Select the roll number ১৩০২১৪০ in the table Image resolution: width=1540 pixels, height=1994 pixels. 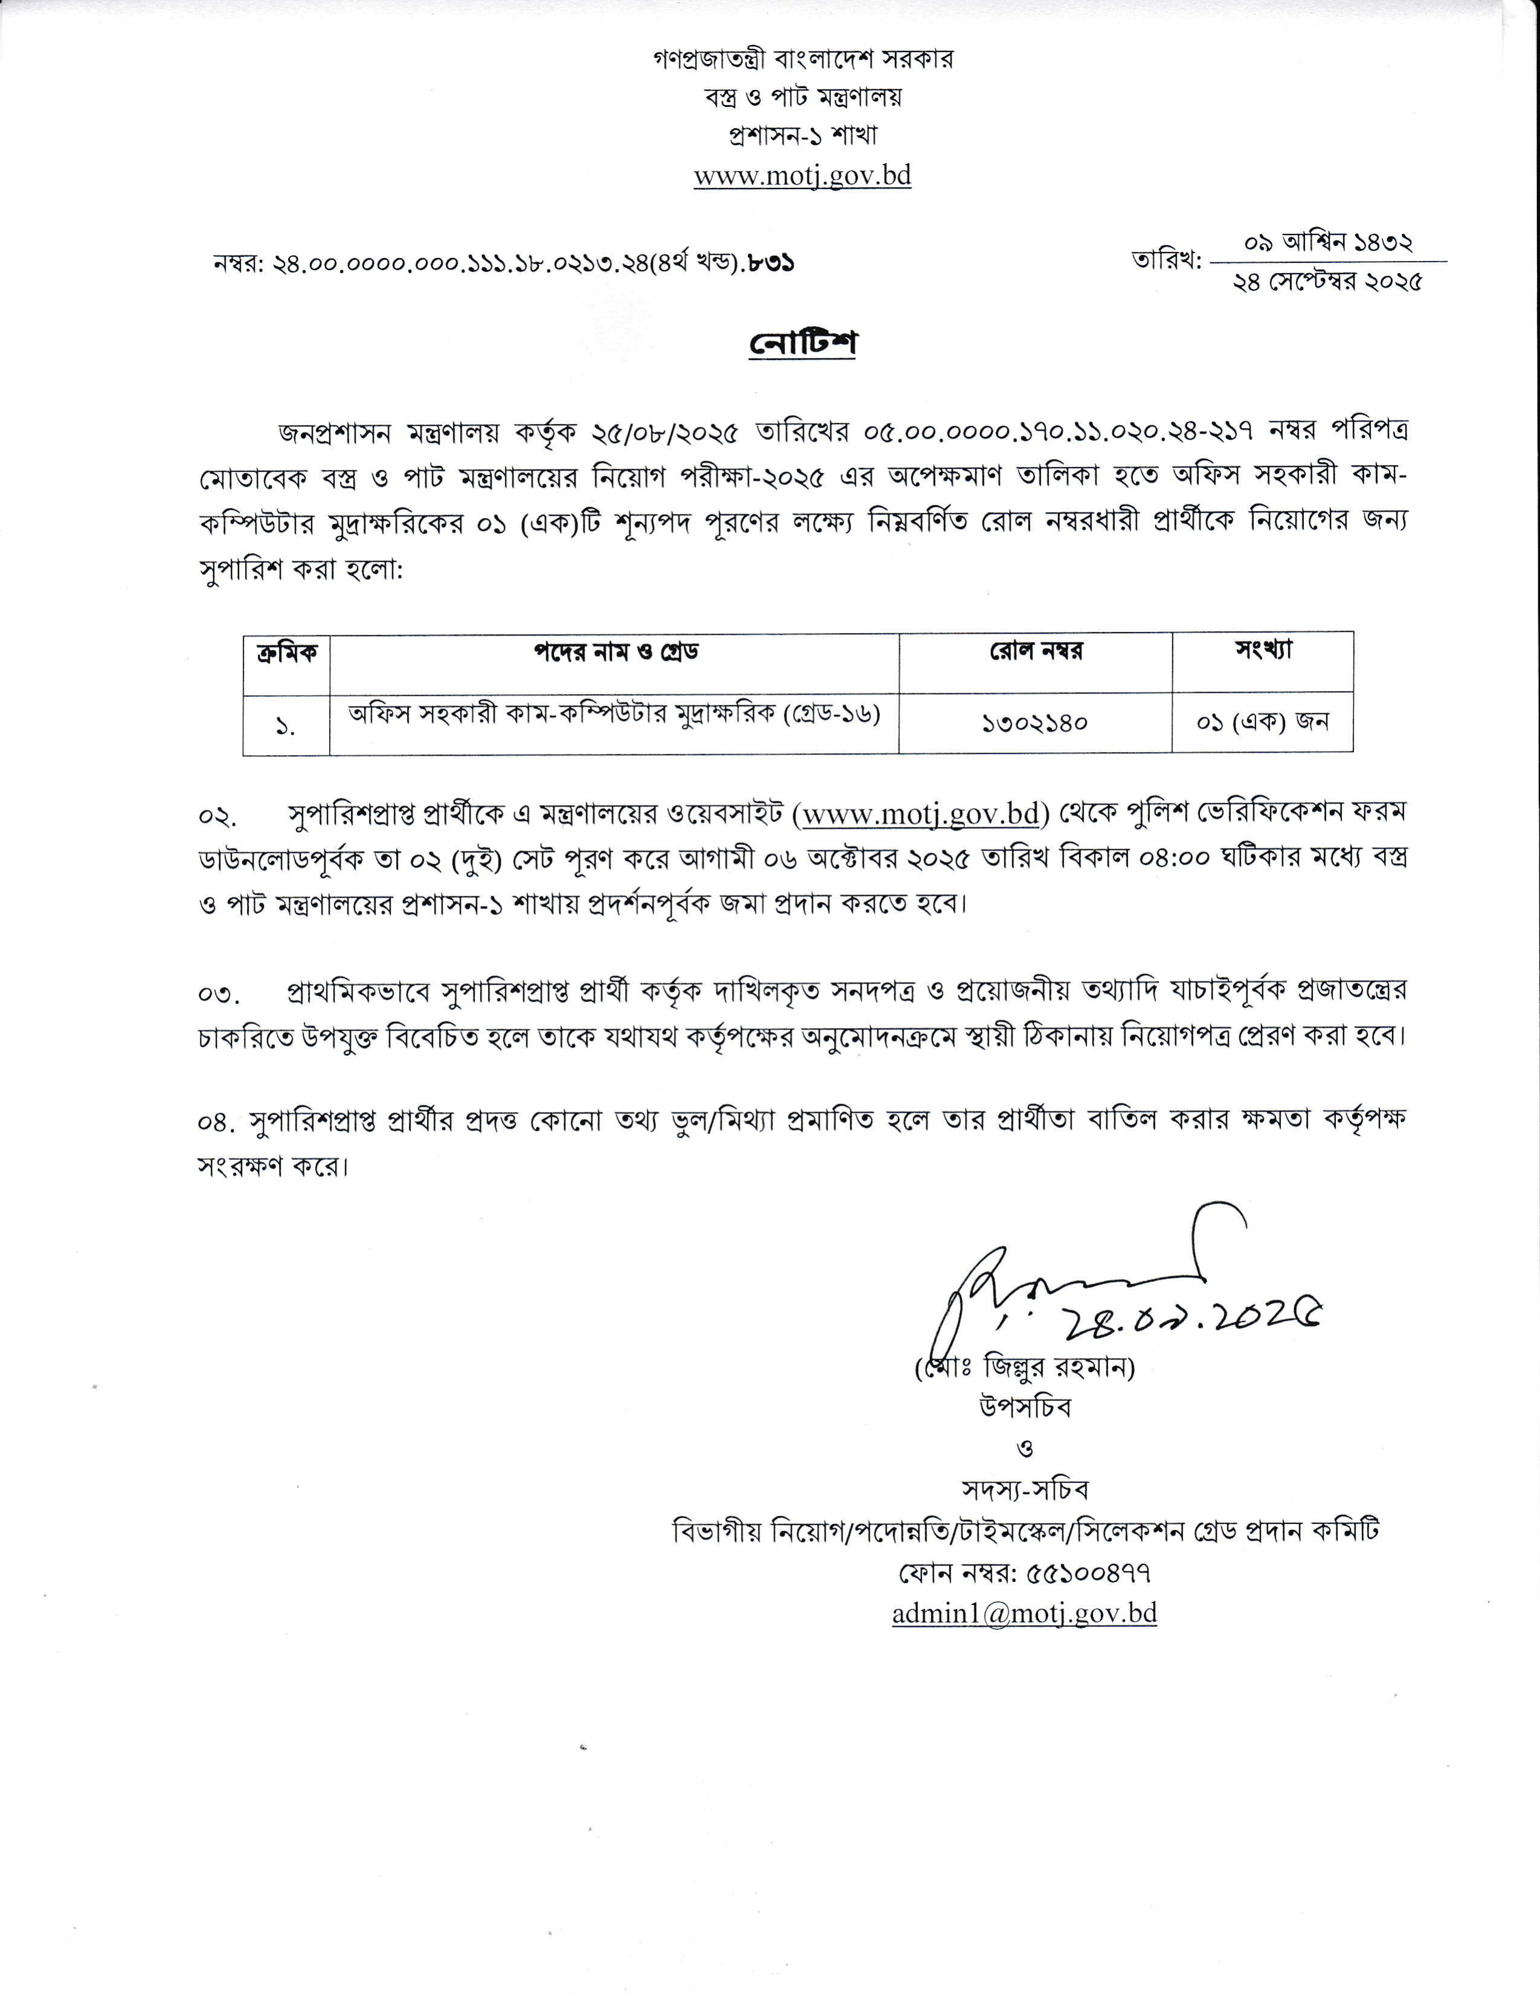(x=1035, y=723)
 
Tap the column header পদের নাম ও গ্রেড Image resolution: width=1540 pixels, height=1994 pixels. (x=616, y=652)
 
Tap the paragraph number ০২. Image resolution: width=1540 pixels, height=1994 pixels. (x=217, y=815)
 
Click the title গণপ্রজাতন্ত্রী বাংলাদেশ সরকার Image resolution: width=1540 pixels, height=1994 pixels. (x=803, y=59)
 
